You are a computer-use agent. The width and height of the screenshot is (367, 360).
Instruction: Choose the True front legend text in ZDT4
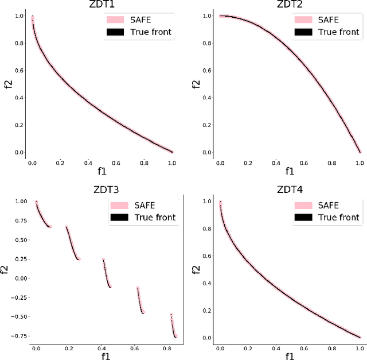336,217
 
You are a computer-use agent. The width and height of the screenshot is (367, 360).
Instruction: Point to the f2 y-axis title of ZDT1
7,84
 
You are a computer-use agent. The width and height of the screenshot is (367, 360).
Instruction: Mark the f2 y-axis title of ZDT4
195,269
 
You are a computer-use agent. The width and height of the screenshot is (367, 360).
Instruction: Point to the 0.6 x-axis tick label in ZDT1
117,163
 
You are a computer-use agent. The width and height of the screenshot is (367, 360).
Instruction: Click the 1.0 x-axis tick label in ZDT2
360,163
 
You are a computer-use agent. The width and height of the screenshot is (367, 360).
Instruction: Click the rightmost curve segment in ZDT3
174,326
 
